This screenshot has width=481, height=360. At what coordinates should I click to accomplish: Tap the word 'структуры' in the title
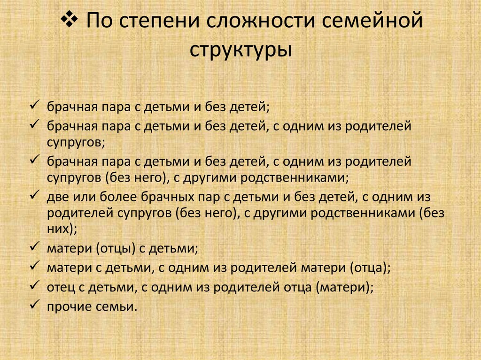click(240, 49)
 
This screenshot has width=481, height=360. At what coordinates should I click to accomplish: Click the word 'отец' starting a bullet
click(58, 287)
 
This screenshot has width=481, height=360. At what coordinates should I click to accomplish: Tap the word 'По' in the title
click(96, 22)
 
